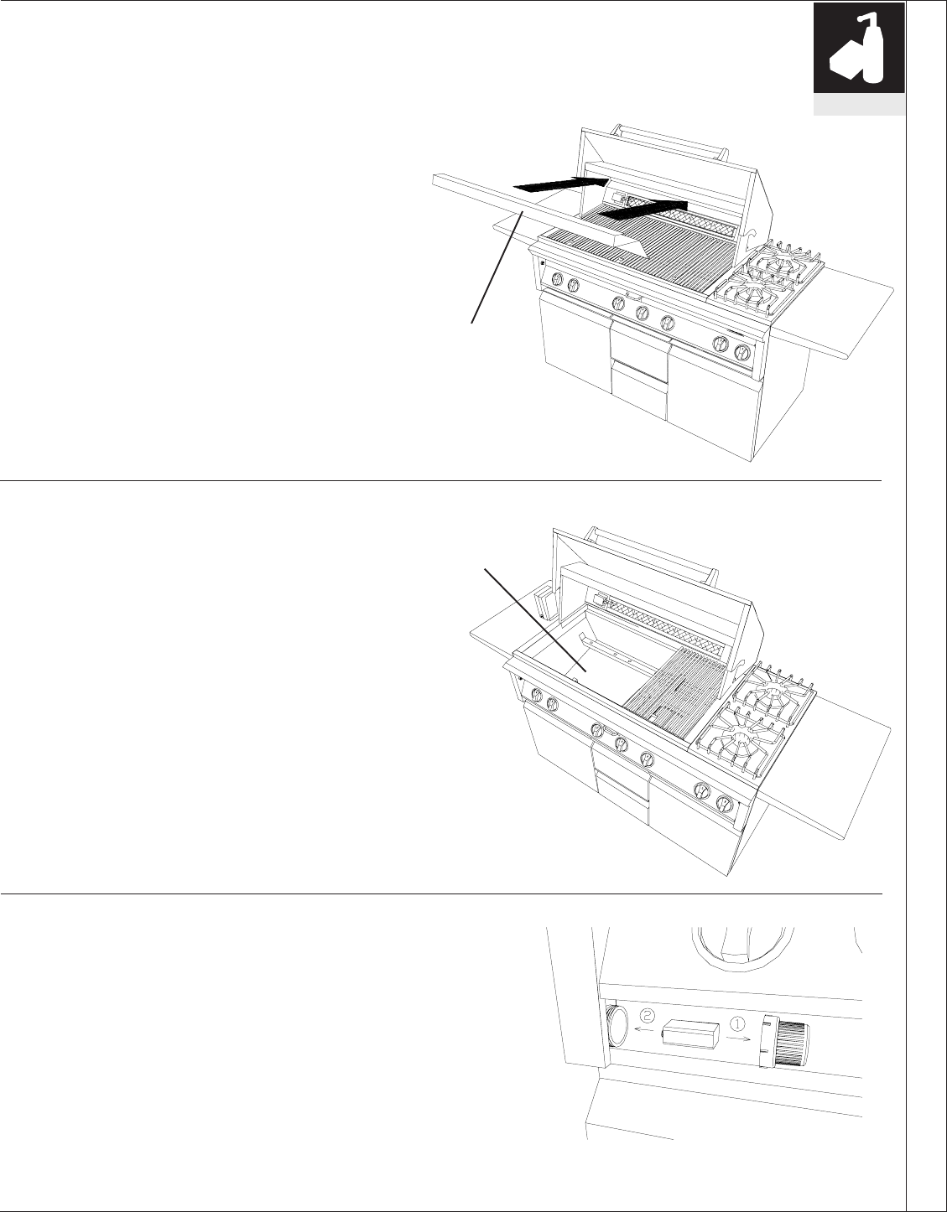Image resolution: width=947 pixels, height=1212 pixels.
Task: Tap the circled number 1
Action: coord(738,1024)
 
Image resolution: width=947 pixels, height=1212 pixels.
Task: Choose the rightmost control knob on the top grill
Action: coord(741,352)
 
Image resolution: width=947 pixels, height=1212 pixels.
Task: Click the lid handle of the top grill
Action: coord(667,141)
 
